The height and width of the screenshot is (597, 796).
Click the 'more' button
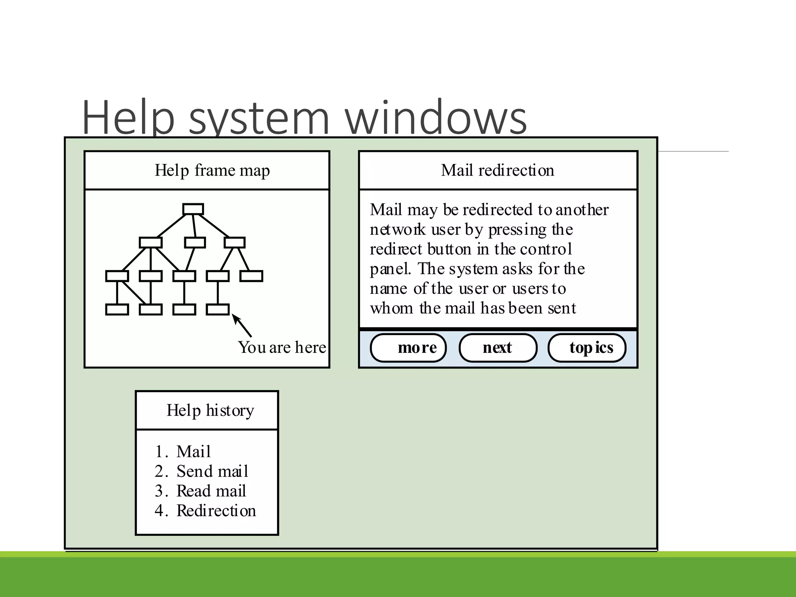(408, 348)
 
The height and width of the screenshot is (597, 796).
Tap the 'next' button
(497, 348)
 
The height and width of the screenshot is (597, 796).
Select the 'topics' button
(587, 348)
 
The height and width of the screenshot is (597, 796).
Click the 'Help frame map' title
(212, 170)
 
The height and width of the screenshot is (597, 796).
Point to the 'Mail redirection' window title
(497, 170)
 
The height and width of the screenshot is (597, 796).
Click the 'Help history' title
(210, 410)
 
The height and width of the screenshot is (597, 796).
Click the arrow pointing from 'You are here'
(242, 326)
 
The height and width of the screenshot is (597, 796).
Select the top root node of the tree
(193, 209)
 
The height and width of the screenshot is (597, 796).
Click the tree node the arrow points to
(218, 309)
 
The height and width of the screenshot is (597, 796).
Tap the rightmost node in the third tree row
(251, 276)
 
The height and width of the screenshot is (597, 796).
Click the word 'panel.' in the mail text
(390, 269)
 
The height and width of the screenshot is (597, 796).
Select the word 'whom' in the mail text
(391, 309)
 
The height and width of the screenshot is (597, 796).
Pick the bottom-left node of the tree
(117, 309)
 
